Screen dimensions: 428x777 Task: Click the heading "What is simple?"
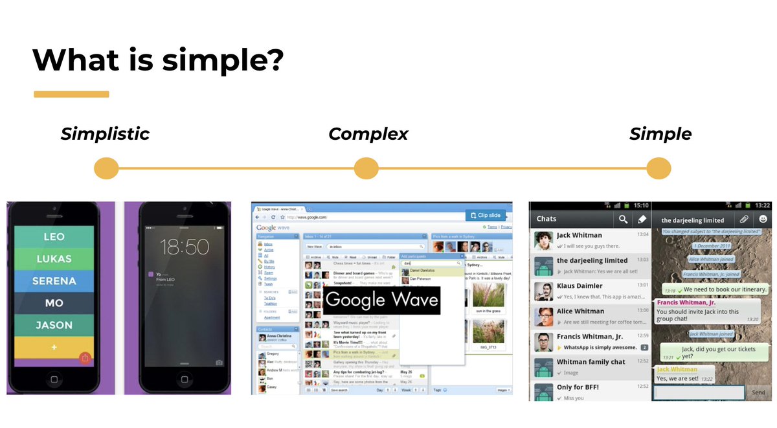158,59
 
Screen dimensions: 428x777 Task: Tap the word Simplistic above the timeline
105,134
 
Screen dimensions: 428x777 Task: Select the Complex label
368,134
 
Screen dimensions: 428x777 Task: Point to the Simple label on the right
660,134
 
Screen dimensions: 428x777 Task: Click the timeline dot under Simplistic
106,168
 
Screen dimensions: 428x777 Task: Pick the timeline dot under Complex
366,168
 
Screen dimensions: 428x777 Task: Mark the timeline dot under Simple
659,168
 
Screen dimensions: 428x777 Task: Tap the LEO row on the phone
54,237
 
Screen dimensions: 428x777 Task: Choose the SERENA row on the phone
55,281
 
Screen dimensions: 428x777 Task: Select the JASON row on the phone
54,325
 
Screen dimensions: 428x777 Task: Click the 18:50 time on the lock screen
184,247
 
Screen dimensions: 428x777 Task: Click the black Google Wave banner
381,300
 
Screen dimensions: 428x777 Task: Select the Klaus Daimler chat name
580,286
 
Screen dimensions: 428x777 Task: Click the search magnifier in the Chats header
622,220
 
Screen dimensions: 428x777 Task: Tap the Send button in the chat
758,392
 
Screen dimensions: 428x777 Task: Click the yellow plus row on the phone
54,347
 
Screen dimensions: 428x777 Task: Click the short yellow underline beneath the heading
71,95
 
